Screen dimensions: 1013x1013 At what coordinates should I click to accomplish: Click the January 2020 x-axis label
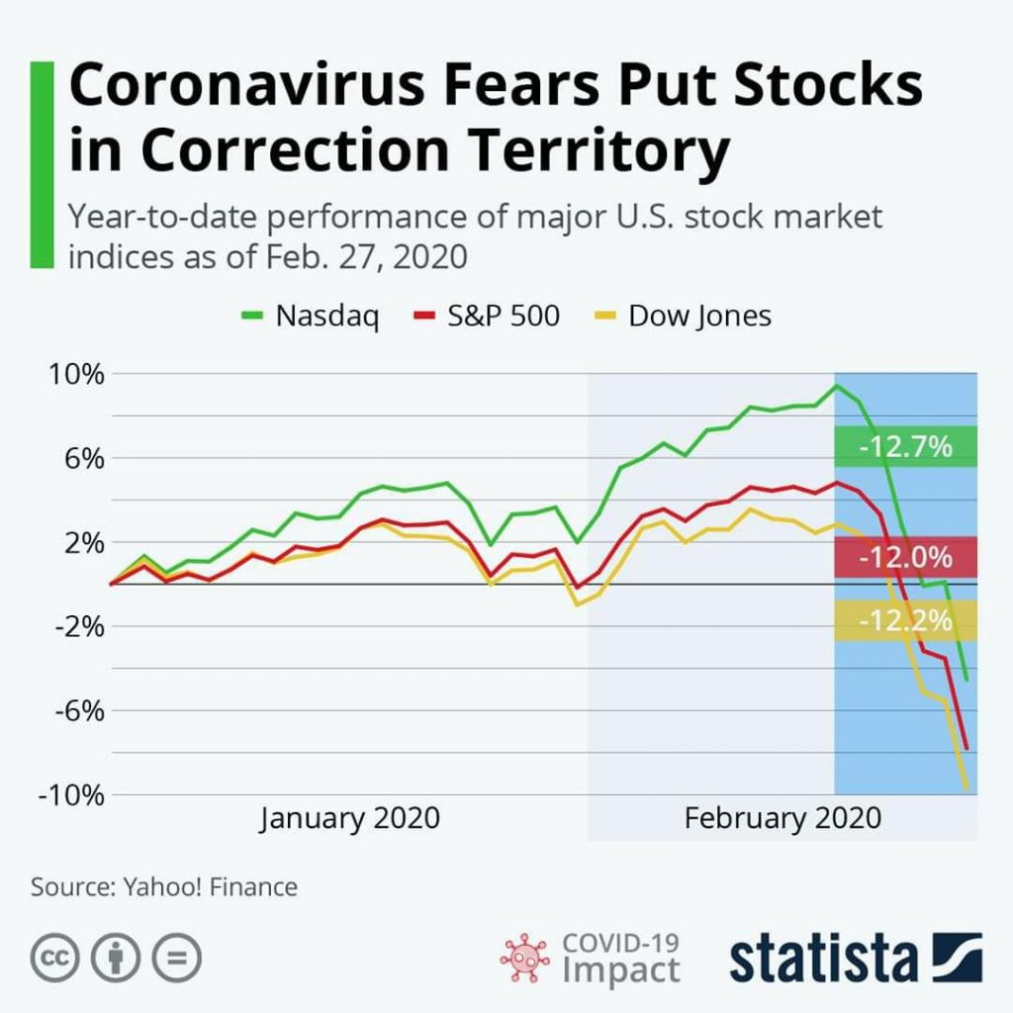350,819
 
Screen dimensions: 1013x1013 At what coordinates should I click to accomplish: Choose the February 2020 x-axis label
782,819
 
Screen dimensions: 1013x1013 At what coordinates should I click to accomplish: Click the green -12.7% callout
905,446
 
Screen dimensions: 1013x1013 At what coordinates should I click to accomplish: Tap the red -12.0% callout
905,557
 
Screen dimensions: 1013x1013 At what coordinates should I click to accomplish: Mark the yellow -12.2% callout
905,621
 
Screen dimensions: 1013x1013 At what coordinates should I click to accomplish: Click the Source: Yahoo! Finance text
164,886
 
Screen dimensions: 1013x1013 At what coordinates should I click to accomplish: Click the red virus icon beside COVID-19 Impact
525,958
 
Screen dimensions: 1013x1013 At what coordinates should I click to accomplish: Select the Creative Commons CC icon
55,958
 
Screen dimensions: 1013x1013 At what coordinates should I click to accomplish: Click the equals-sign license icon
176,958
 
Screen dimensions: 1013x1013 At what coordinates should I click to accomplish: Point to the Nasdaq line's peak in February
837,386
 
